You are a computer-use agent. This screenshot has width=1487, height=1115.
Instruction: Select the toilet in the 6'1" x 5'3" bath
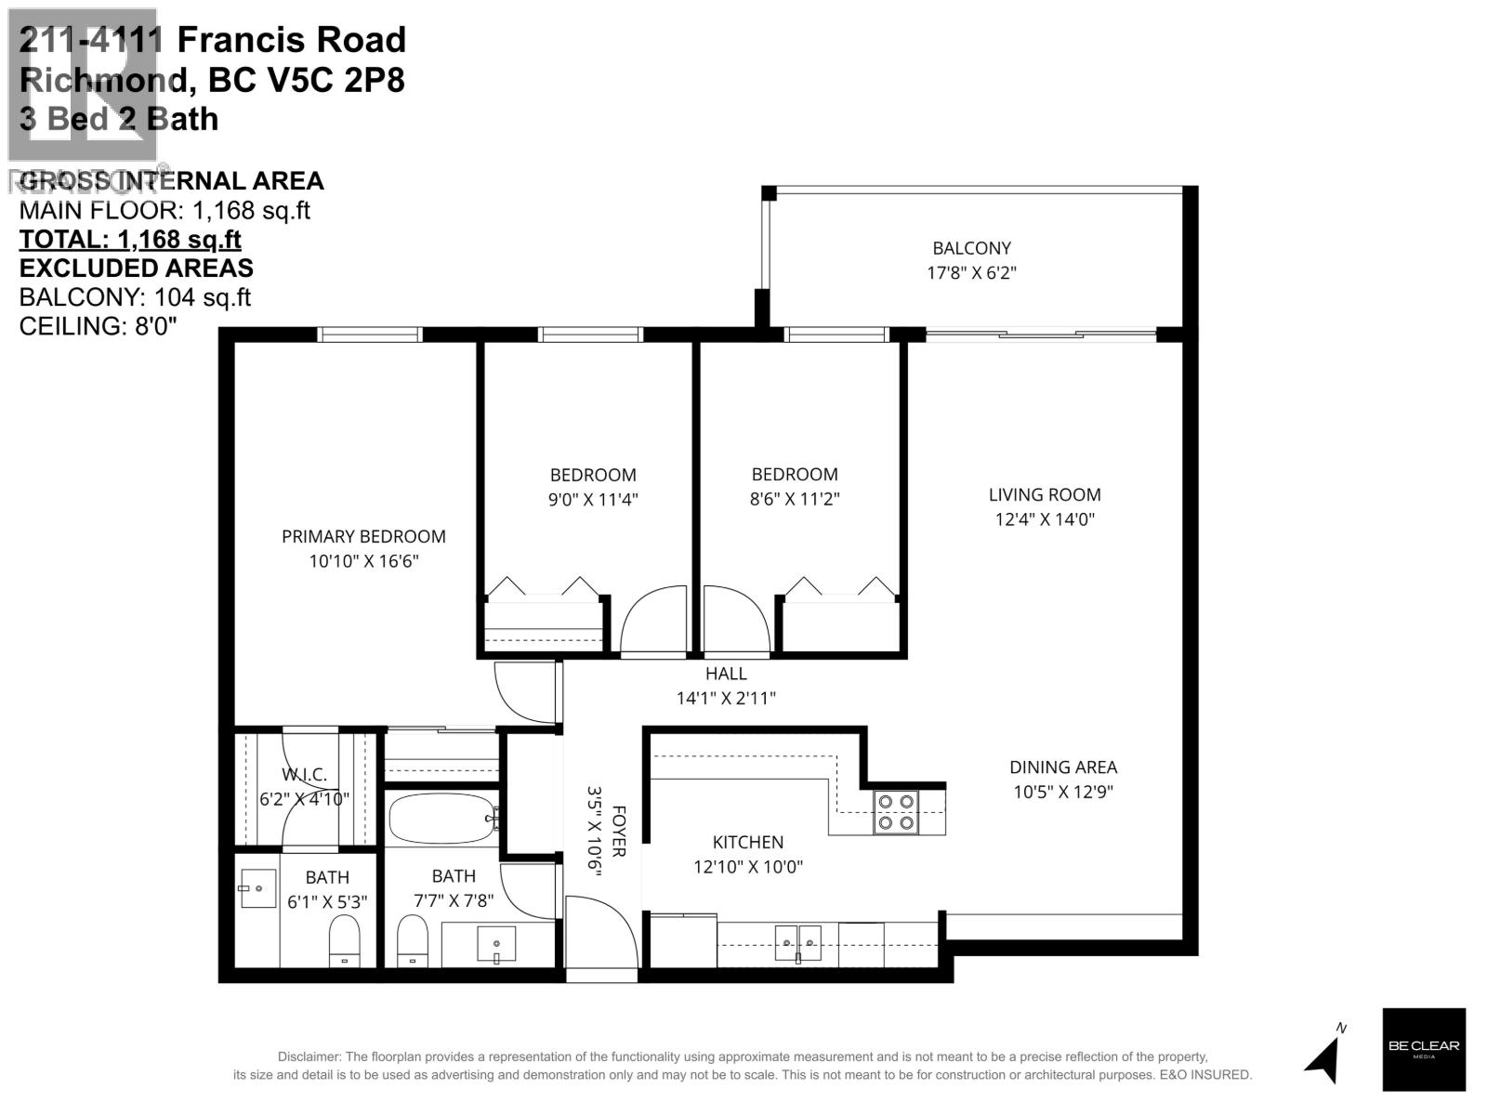(344, 940)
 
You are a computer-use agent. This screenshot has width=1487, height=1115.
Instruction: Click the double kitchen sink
(798, 942)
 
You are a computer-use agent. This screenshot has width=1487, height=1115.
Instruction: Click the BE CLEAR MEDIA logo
(1423, 1049)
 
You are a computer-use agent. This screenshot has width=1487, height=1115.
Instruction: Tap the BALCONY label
(971, 248)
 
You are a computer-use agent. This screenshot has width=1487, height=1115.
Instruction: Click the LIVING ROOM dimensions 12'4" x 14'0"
(1045, 519)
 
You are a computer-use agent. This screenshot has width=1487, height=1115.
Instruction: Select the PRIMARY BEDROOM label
(363, 536)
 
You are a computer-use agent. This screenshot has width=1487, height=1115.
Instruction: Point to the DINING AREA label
(1063, 767)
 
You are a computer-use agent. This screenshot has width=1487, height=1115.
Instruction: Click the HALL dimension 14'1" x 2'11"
(725, 698)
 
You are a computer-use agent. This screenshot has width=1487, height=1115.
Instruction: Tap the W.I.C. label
(304, 775)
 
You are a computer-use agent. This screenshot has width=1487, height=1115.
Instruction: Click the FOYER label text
(619, 831)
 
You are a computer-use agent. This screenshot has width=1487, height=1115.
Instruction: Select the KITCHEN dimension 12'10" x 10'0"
(747, 867)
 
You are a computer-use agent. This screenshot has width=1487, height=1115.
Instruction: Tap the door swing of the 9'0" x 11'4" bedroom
(654, 620)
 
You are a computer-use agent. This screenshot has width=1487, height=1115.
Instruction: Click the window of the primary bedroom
(369, 334)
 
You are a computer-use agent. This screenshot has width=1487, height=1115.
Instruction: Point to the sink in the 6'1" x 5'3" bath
(257, 889)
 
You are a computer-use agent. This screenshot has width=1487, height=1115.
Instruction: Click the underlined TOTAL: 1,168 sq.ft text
(130, 239)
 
